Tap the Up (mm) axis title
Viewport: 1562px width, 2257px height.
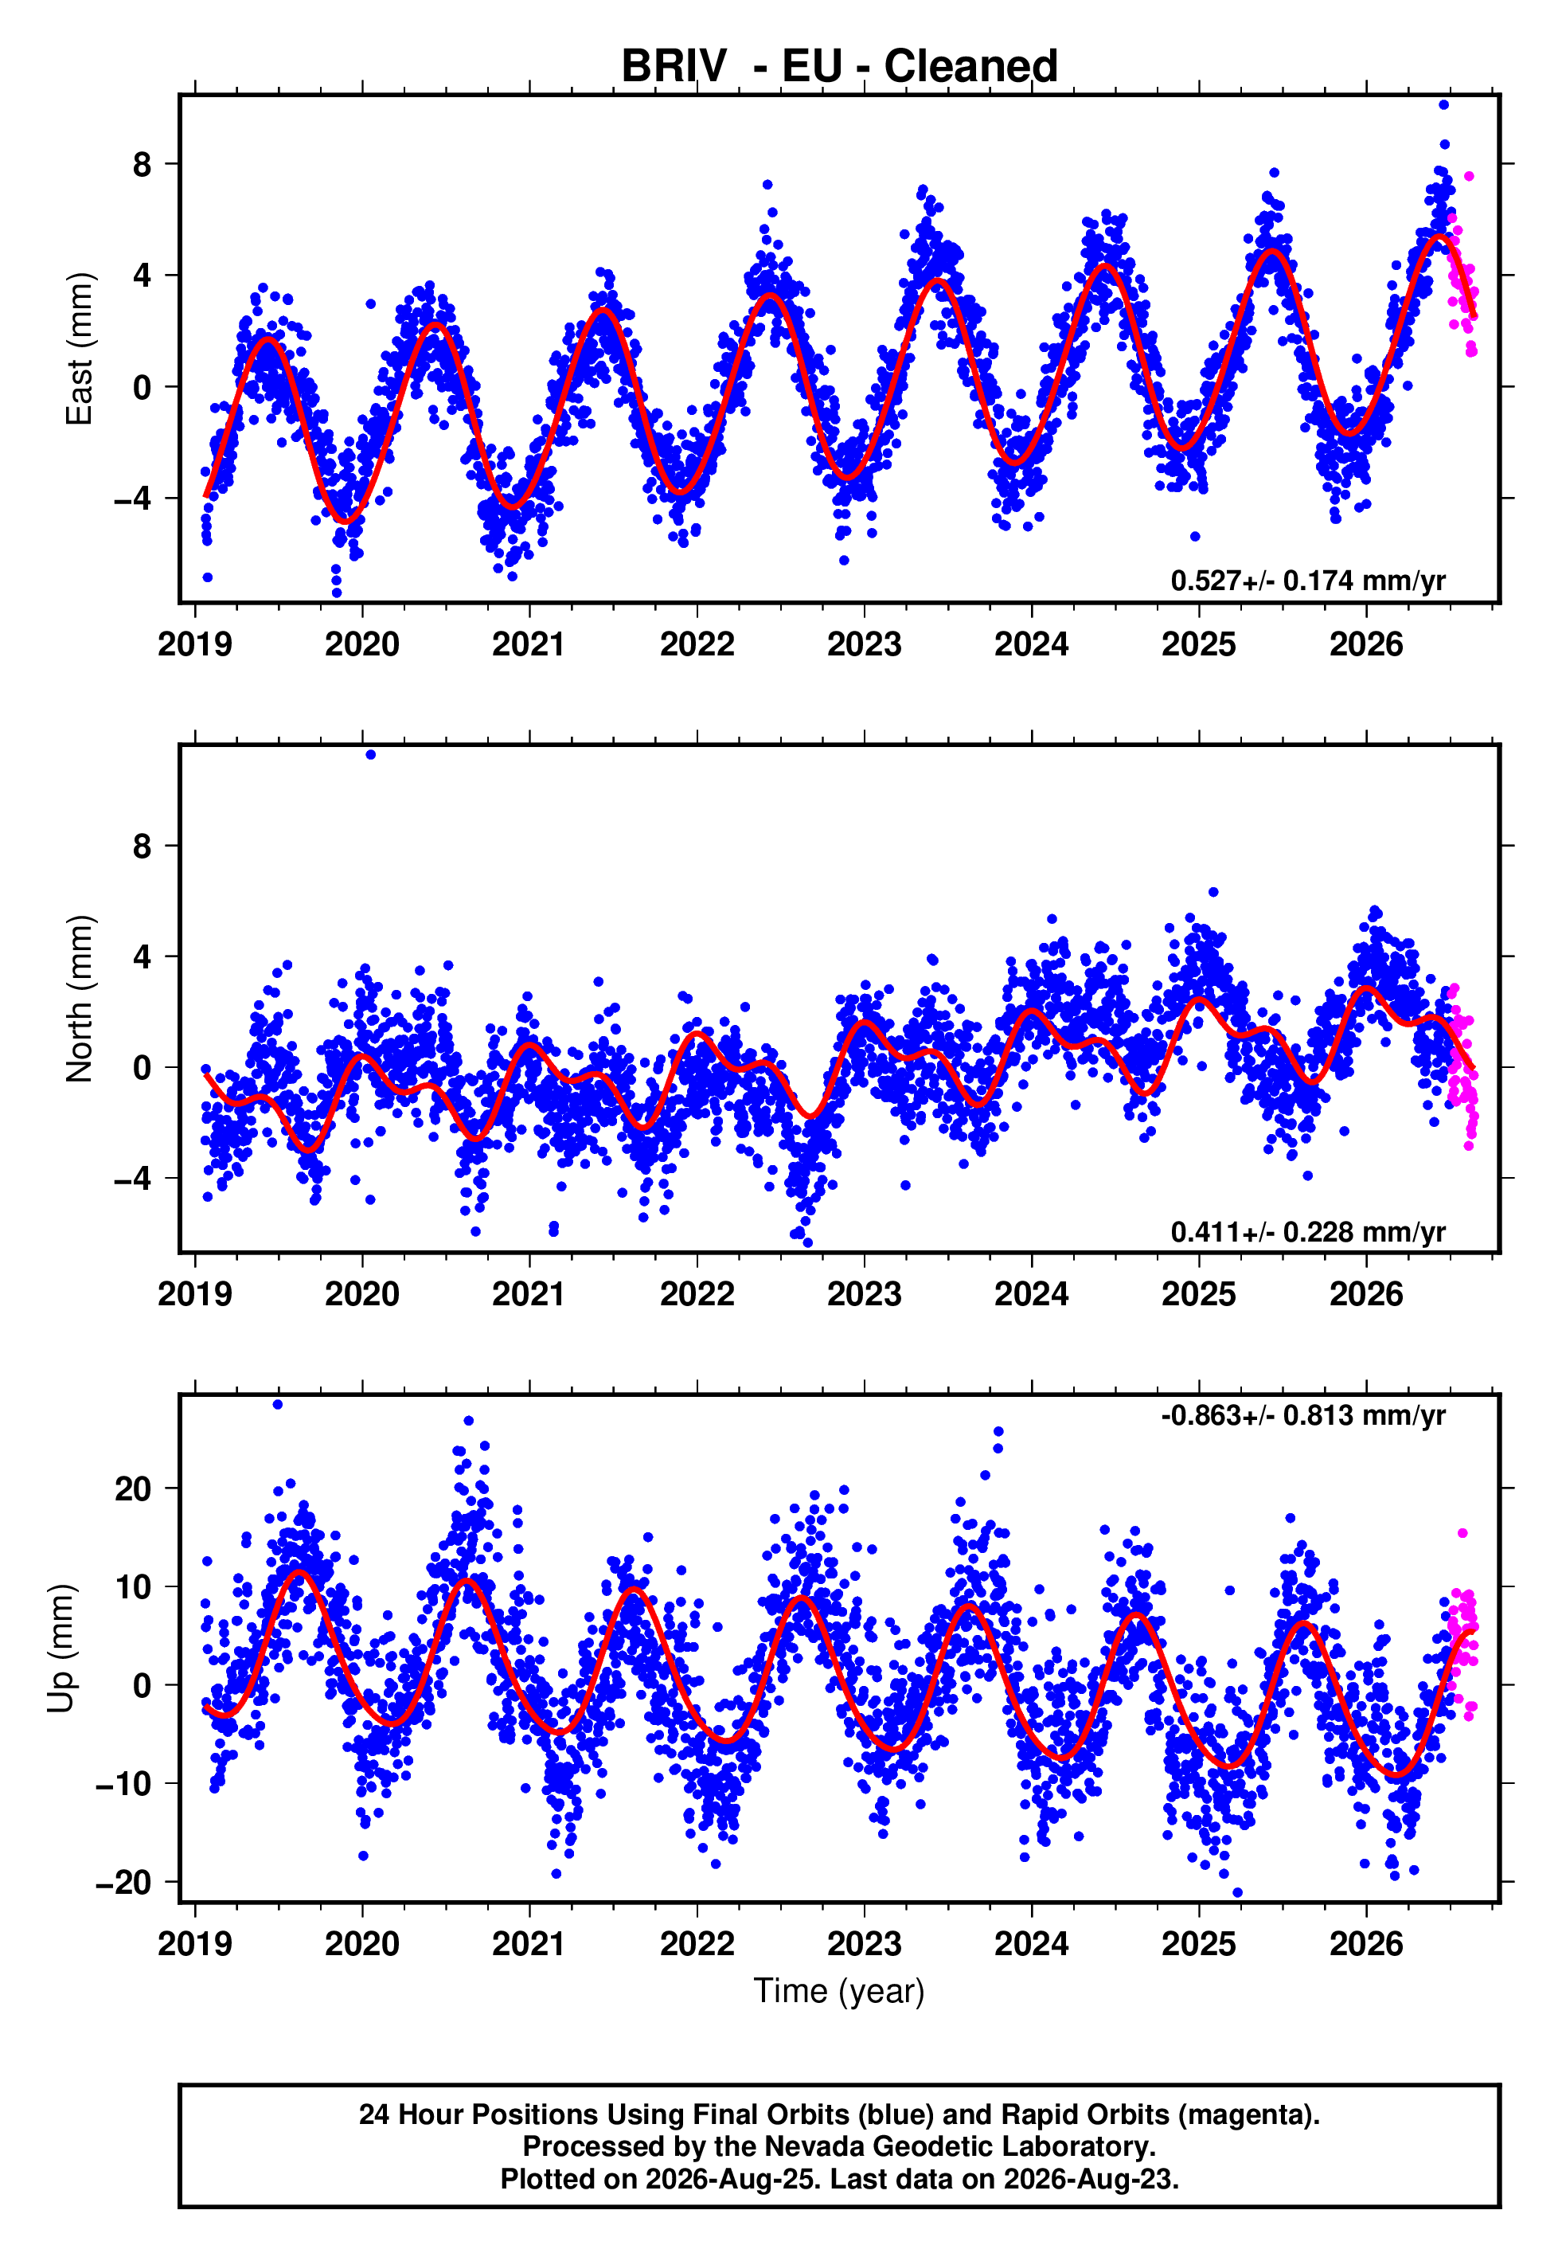click(61, 1647)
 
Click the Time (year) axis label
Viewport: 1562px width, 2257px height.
click(839, 1992)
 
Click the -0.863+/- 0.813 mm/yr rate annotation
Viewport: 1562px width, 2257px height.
click(1302, 1415)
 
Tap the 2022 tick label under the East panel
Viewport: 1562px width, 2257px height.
click(697, 644)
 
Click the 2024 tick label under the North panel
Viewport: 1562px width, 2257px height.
click(1032, 1294)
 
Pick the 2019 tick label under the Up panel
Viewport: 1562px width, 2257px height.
click(195, 1944)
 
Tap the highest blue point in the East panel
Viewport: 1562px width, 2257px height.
click(1443, 104)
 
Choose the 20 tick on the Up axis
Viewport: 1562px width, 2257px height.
click(133, 1488)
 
